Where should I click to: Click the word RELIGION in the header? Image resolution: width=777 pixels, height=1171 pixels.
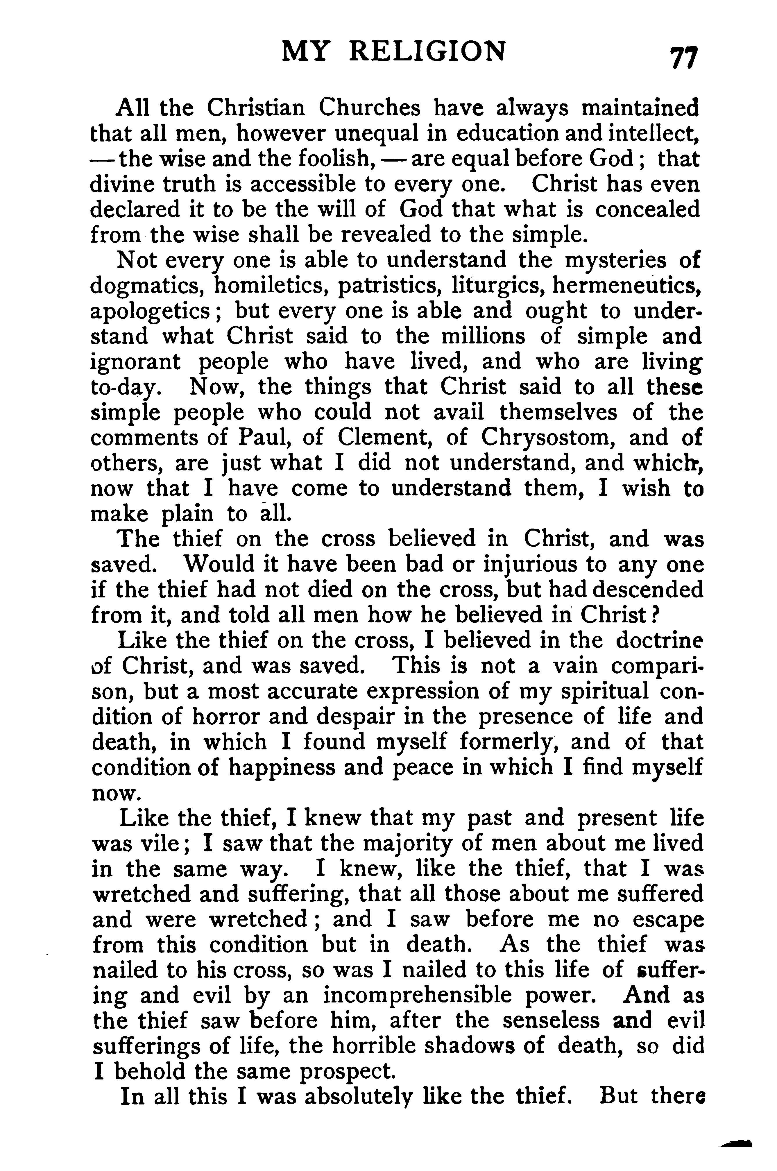427,51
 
